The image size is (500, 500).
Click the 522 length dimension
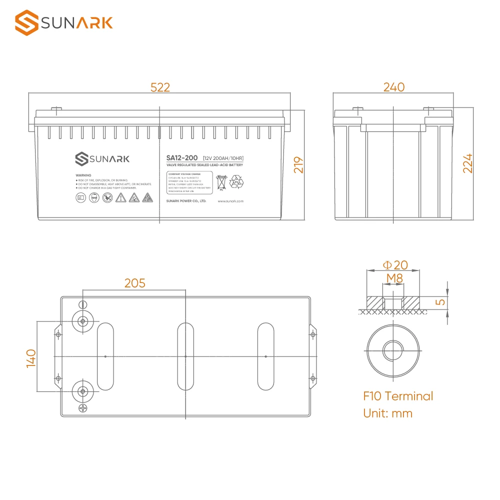pyautogui.click(x=160, y=87)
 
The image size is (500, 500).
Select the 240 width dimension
pyautogui.click(x=393, y=87)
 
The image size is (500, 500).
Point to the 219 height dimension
pyautogui.click(x=298, y=165)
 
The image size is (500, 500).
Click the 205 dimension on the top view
pyautogui.click(x=134, y=283)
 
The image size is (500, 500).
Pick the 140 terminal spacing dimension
pyautogui.click(x=31, y=358)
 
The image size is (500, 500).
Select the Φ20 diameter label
pyautogui.click(x=395, y=265)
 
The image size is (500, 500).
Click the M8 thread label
pyautogui.click(x=392, y=278)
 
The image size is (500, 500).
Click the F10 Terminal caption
pyautogui.click(x=398, y=396)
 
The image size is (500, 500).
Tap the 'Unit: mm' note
pyautogui.click(x=387, y=413)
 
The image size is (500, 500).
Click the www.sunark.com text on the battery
pyautogui.click(x=230, y=201)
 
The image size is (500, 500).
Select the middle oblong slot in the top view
pyautogui.click(x=185, y=356)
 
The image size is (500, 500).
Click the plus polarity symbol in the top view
pyautogui.click(x=83, y=409)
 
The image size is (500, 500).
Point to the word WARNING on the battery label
pyautogui.click(x=83, y=175)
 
